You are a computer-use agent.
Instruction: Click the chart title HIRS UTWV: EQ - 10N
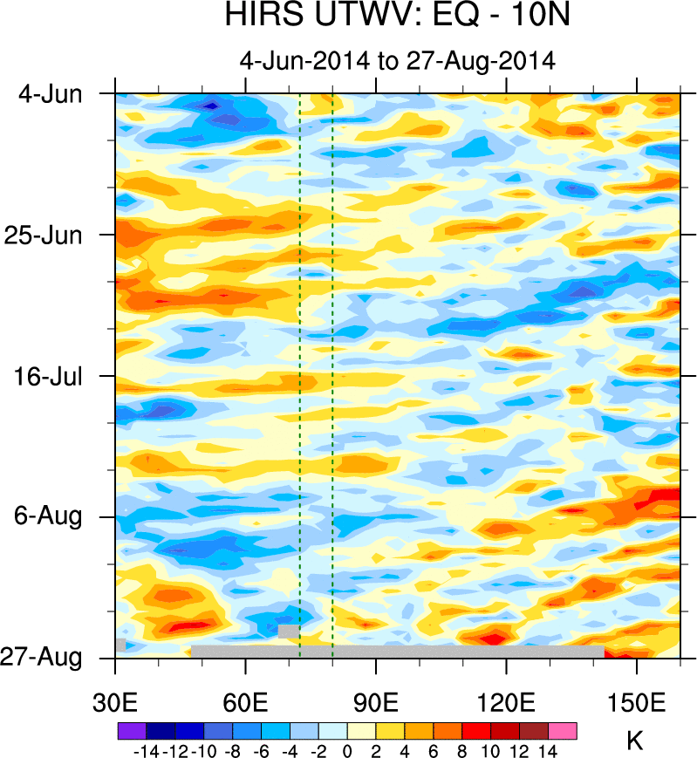click(397, 17)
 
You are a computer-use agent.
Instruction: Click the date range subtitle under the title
click(397, 61)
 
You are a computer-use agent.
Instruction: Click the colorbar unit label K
click(635, 742)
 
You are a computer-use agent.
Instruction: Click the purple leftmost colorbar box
click(131, 729)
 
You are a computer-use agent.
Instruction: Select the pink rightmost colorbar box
click(562, 729)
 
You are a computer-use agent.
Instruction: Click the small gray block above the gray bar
click(289, 631)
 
